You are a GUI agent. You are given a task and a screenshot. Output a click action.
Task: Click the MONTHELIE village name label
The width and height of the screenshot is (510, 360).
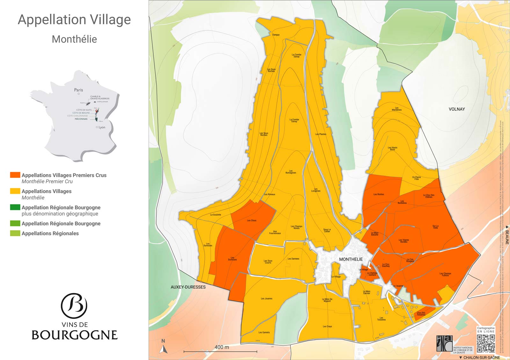351,259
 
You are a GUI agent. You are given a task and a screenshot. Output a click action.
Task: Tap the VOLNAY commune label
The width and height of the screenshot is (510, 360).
456,109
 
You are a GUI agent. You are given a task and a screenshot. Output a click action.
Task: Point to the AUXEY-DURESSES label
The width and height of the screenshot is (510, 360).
188,287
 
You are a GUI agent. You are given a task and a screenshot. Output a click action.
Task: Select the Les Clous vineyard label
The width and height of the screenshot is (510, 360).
251,220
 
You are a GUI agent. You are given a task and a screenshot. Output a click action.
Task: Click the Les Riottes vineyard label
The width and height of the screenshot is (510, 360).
379,194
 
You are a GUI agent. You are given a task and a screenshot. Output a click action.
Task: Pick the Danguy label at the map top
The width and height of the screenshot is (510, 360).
276,35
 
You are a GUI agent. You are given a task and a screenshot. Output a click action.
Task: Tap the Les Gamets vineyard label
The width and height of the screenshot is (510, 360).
264,333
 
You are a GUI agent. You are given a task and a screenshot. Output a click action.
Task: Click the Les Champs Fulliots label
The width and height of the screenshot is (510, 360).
445,274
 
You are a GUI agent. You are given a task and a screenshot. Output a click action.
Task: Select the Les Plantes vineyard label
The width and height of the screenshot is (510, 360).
321,134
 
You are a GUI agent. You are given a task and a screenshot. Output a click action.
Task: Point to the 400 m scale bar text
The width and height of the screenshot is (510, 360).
222,347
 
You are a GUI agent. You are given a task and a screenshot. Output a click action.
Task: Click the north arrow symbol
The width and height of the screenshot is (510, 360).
164,348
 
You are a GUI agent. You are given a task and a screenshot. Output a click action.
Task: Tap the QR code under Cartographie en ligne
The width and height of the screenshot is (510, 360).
486,343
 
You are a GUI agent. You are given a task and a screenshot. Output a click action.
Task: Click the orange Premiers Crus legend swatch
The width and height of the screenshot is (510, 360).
15,175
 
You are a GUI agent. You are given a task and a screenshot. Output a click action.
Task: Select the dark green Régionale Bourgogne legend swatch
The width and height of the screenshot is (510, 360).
15,207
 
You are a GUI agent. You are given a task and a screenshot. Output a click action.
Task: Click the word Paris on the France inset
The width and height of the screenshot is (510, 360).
78,90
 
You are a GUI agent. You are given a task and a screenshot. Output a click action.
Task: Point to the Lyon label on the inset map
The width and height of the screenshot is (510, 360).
102,127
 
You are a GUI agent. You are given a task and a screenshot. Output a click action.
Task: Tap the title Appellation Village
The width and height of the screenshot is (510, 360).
74,20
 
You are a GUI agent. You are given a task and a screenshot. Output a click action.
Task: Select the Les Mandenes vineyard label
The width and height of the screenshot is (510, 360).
397,109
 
